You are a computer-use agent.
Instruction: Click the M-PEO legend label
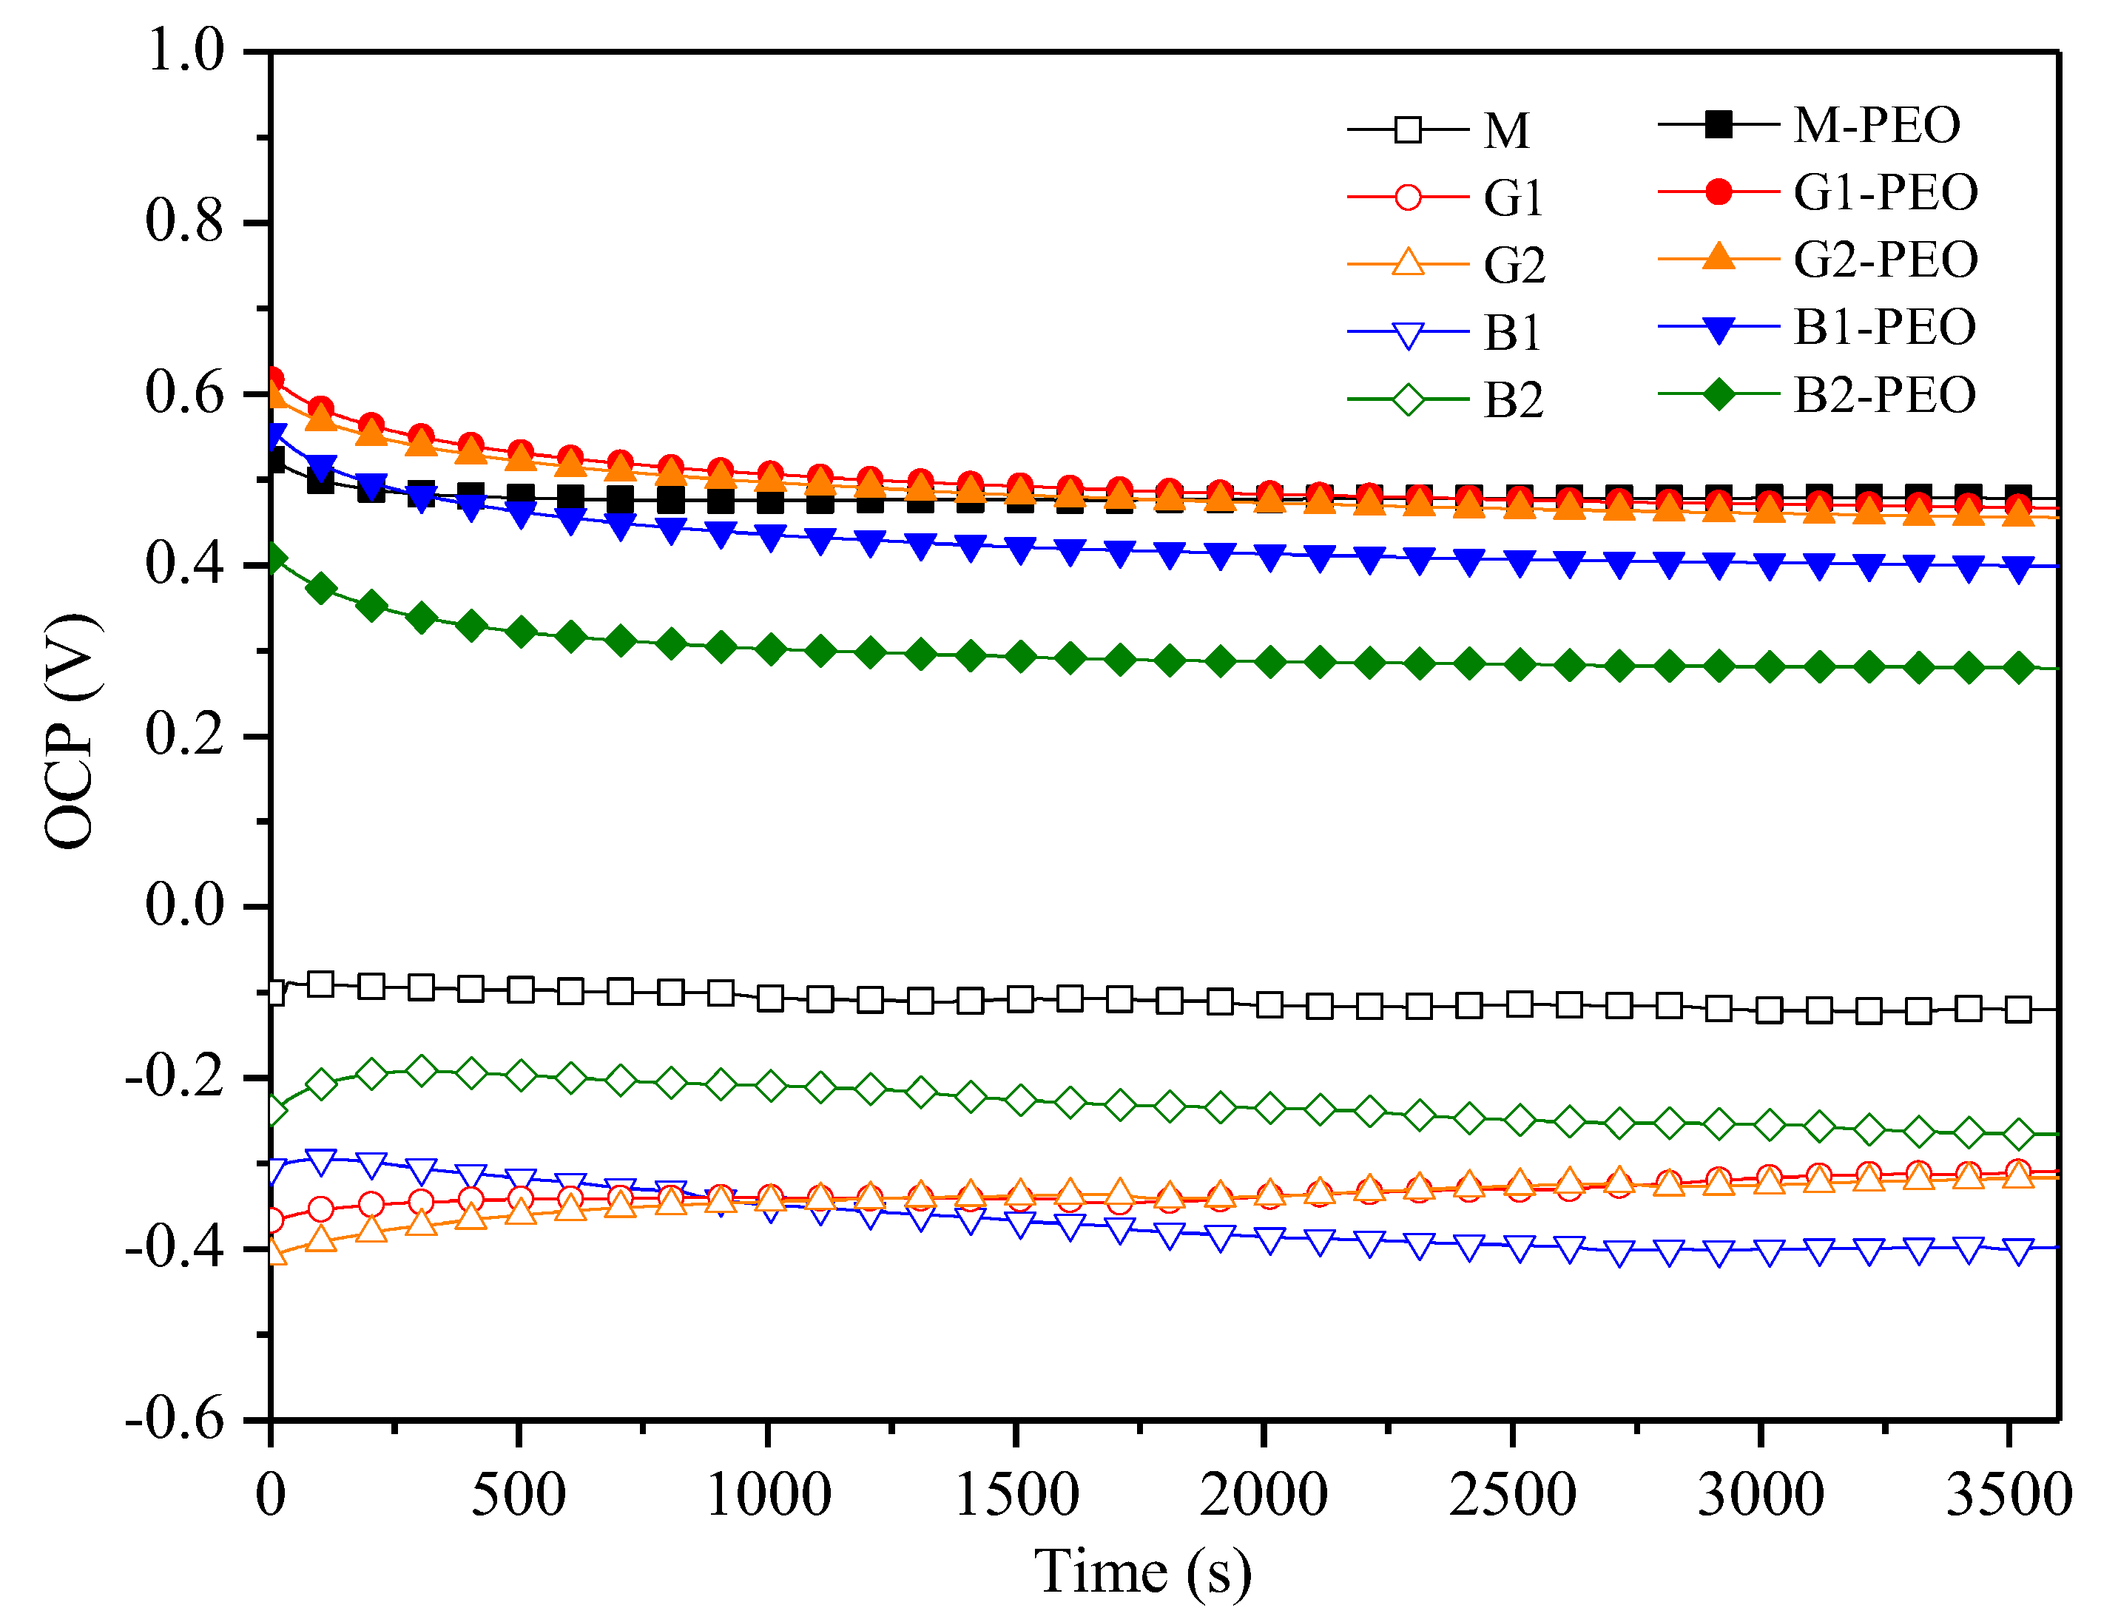point(1876,125)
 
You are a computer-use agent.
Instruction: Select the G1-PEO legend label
point(1886,192)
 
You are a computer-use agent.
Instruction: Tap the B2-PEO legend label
point(1884,394)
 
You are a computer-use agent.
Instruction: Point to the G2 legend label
point(1514,265)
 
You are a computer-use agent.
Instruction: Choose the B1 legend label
point(1512,333)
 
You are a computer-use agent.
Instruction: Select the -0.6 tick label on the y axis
point(174,1418)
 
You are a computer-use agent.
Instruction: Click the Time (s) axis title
point(1143,1571)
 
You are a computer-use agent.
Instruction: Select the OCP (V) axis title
point(70,731)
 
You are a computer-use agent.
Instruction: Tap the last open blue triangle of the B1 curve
point(2018,1251)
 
